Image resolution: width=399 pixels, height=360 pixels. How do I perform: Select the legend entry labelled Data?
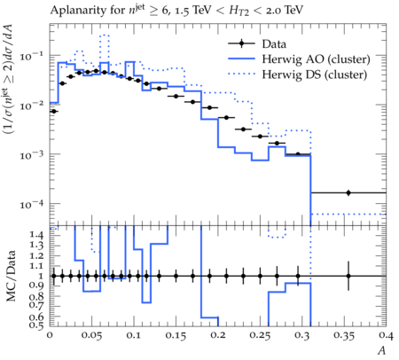click(x=274, y=44)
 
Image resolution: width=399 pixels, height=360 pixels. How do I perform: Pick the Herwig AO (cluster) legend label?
click(x=316, y=59)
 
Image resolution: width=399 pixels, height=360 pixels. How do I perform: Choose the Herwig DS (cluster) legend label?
click(x=315, y=74)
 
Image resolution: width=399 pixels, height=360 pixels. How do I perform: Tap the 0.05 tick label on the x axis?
click(x=91, y=336)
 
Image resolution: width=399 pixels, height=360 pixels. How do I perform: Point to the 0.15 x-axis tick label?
click(x=176, y=336)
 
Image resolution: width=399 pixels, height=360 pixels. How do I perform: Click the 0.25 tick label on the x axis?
click(x=260, y=336)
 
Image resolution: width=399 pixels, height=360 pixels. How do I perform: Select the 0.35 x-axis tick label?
click(x=344, y=336)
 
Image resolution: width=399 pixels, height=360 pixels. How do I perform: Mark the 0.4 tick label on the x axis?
click(x=387, y=336)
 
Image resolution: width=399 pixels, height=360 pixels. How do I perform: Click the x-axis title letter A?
click(x=382, y=350)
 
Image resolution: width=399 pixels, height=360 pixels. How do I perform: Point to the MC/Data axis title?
click(x=11, y=276)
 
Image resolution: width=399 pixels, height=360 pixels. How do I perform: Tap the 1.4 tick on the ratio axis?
click(x=36, y=235)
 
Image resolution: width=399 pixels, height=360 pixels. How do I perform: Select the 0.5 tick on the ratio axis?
click(x=36, y=325)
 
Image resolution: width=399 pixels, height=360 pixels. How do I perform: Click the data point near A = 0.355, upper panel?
click(x=348, y=192)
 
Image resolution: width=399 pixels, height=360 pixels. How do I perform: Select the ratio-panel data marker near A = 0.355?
click(x=348, y=276)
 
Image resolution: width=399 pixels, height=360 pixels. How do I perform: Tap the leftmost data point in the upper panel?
click(x=54, y=111)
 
